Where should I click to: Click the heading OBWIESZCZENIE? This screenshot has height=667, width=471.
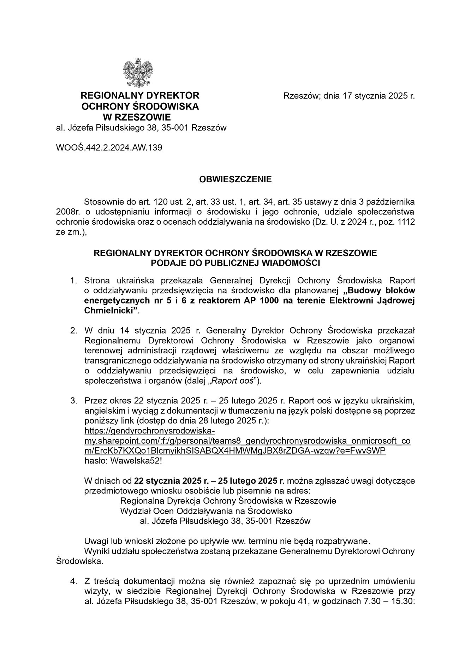(235, 179)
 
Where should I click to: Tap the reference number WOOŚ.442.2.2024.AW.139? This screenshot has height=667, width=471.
(109, 148)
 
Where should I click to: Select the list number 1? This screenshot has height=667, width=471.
(73, 281)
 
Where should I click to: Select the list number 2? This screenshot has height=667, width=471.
(73, 331)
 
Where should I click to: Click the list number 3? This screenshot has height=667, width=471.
(73, 401)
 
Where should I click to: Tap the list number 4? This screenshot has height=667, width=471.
(73, 581)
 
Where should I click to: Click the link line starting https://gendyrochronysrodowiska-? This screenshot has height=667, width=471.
(150, 431)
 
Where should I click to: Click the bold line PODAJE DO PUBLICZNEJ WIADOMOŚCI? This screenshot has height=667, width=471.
(235, 263)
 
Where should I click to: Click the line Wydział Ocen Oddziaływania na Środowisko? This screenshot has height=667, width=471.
(206, 511)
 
